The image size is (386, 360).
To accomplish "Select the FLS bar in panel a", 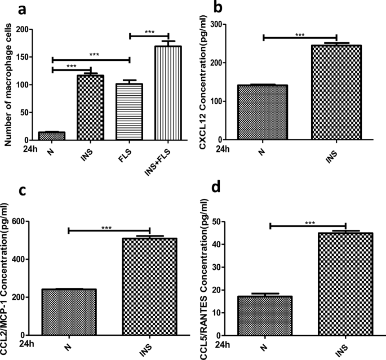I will coord(130,112).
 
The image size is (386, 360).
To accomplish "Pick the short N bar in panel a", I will coord(52,136).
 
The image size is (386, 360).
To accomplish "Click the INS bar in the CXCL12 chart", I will coord(336,92).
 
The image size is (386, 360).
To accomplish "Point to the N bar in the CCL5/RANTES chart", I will coord(270,315).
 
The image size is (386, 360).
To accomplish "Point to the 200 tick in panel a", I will coord(24,30).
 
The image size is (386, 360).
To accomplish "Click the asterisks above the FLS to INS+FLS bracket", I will coord(149,32).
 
